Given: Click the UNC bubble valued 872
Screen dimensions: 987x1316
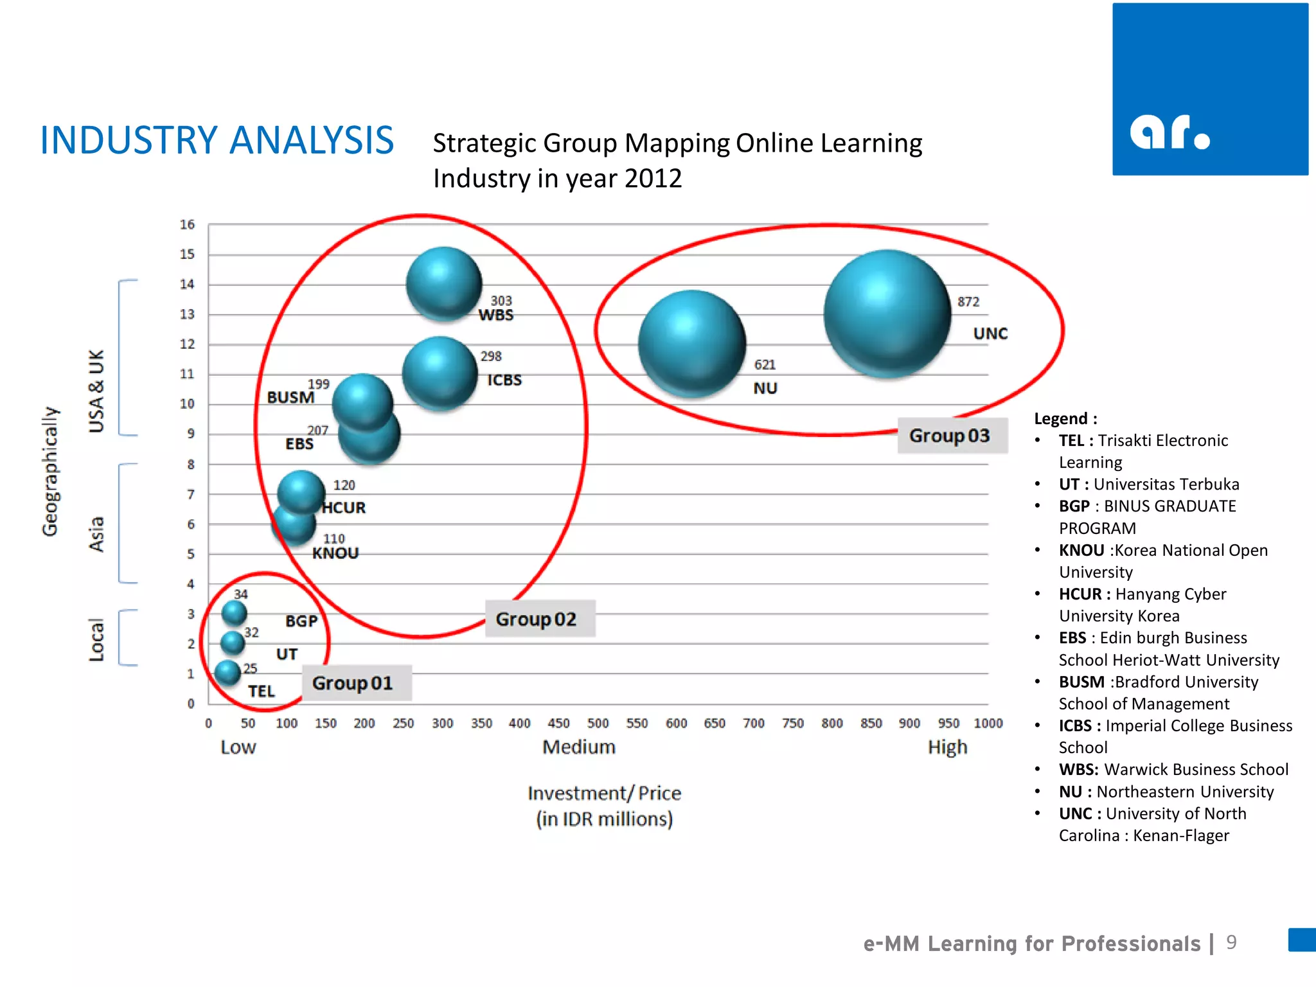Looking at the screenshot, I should (887, 313).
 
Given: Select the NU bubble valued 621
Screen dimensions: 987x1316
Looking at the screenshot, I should (692, 343).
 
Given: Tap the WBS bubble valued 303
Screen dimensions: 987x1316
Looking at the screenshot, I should (443, 283).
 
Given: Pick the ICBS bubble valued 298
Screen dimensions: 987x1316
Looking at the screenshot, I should (440, 373).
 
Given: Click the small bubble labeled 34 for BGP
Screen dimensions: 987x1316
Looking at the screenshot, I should (234, 612).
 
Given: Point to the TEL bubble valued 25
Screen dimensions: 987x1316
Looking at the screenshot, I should (227, 673).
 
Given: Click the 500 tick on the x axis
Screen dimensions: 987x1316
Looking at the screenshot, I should (598, 724).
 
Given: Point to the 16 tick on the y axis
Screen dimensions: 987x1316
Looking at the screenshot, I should (187, 225).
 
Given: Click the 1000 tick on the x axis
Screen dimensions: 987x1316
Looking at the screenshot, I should (988, 724).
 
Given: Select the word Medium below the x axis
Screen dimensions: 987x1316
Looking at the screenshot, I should (579, 747).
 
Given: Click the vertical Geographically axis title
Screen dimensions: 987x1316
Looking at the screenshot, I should (50, 471).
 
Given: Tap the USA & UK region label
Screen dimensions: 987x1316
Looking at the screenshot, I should (96, 391).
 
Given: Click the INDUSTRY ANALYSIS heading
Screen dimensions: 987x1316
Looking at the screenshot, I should (217, 140).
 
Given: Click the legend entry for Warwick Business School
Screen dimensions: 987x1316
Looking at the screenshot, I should (1173, 769).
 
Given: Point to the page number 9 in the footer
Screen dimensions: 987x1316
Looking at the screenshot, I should (1231, 942).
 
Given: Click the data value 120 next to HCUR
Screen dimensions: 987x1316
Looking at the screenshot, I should (344, 485).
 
